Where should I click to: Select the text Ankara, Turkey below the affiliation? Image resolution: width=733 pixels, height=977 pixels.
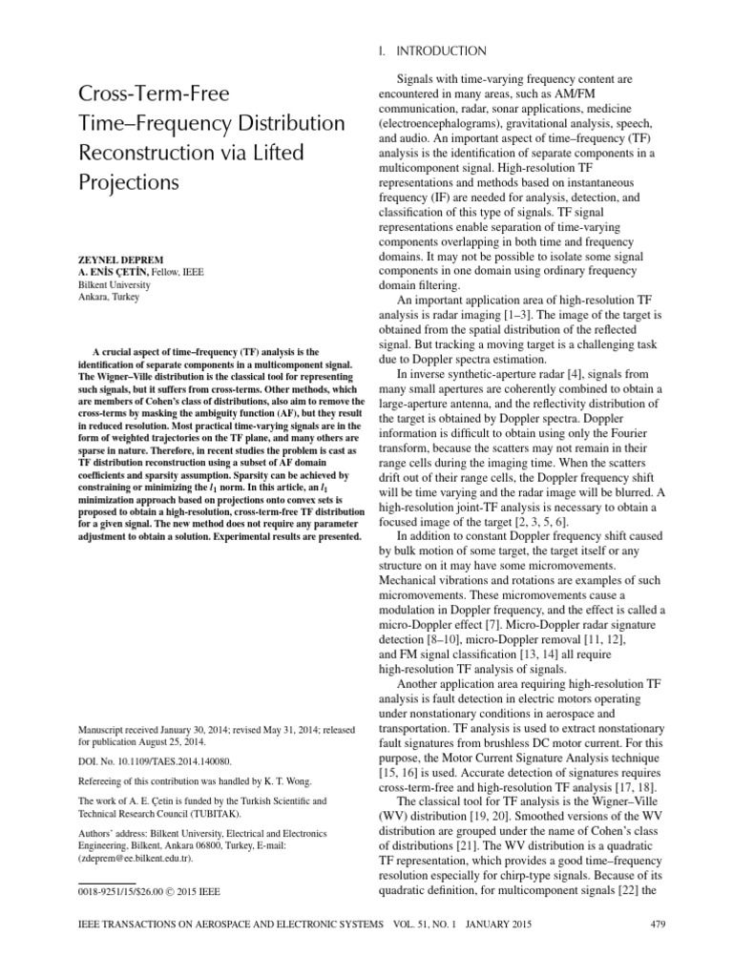pos(109,297)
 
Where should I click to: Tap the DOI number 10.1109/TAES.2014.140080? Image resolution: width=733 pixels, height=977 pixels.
pos(168,763)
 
